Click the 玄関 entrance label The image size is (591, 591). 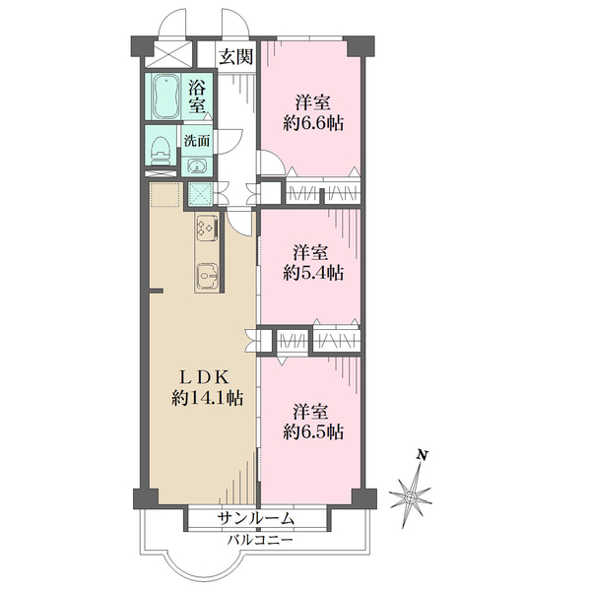click(x=236, y=57)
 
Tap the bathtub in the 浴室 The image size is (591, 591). click(x=166, y=97)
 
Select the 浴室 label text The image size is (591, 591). click(x=198, y=97)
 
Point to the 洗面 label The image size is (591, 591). click(x=197, y=141)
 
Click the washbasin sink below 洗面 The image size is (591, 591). click(x=197, y=166)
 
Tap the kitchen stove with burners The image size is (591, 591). click(x=207, y=228)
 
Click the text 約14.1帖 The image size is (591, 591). click(x=207, y=398)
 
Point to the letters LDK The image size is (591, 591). click(x=203, y=377)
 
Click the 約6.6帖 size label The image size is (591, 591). click(x=313, y=123)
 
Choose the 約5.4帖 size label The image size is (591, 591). click(x=313, y=272)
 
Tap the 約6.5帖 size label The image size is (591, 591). click(x=313, y=432)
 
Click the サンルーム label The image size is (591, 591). click(x=255, y=519)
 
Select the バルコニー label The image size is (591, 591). click(x=260, y=541)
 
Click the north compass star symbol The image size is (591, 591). click(x=411, y=497)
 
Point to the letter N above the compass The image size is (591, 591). click(x=423, y=455)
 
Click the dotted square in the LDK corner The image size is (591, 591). click(x=165, y=194)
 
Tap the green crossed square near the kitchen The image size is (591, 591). click(x=199, y=194)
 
